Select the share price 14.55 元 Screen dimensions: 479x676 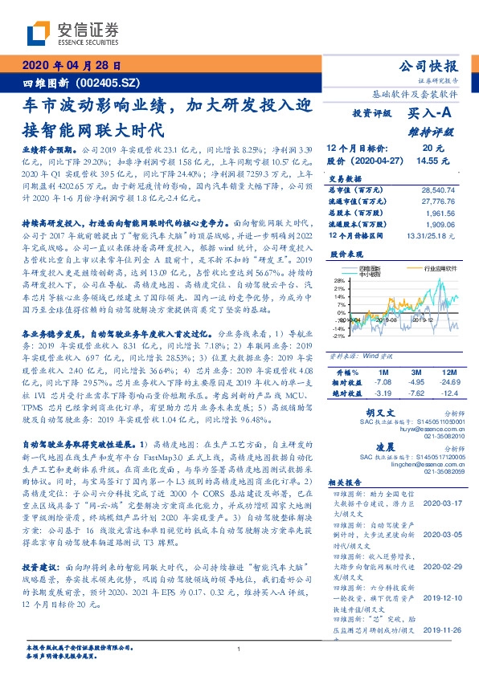click(439, 161)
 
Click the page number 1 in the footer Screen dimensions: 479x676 click(239, 649)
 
